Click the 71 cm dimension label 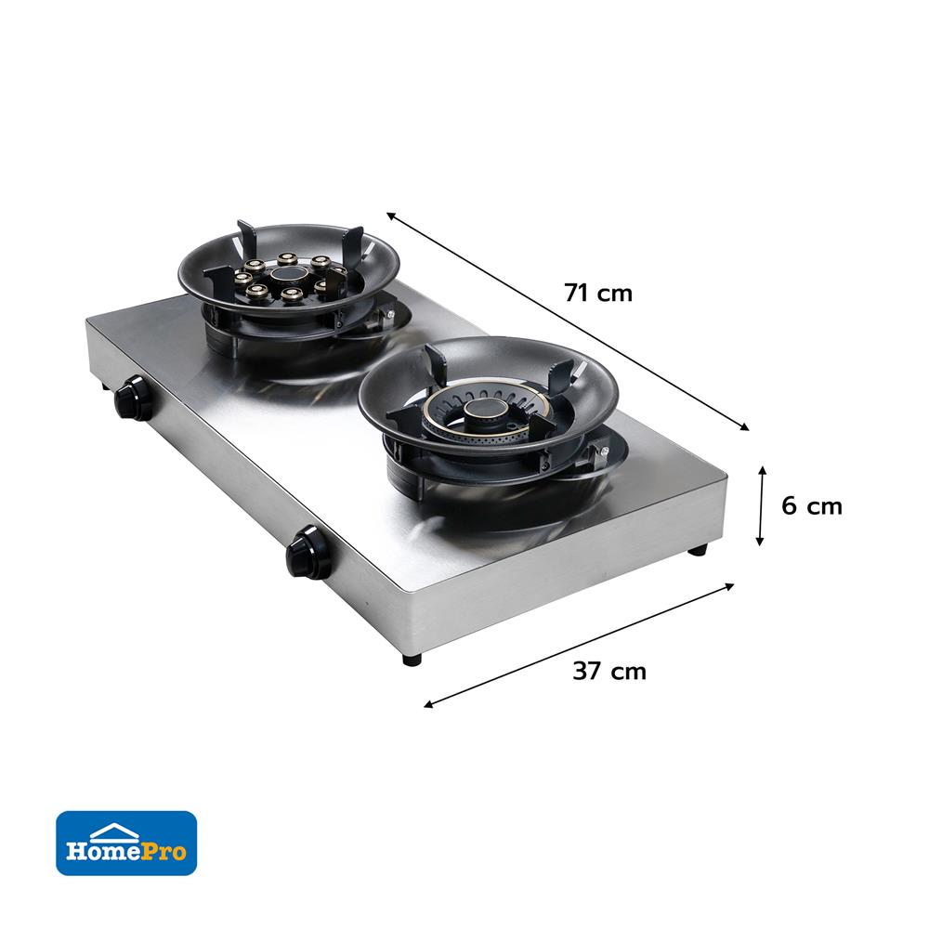coord(597,293)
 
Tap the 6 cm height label coord(811,506)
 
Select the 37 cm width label coord(609,672)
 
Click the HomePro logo coord(126,844)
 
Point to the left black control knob coord(132,397)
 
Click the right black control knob coord(307,551)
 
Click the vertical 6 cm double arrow coord(762,506)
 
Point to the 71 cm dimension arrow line coord(568,321)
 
